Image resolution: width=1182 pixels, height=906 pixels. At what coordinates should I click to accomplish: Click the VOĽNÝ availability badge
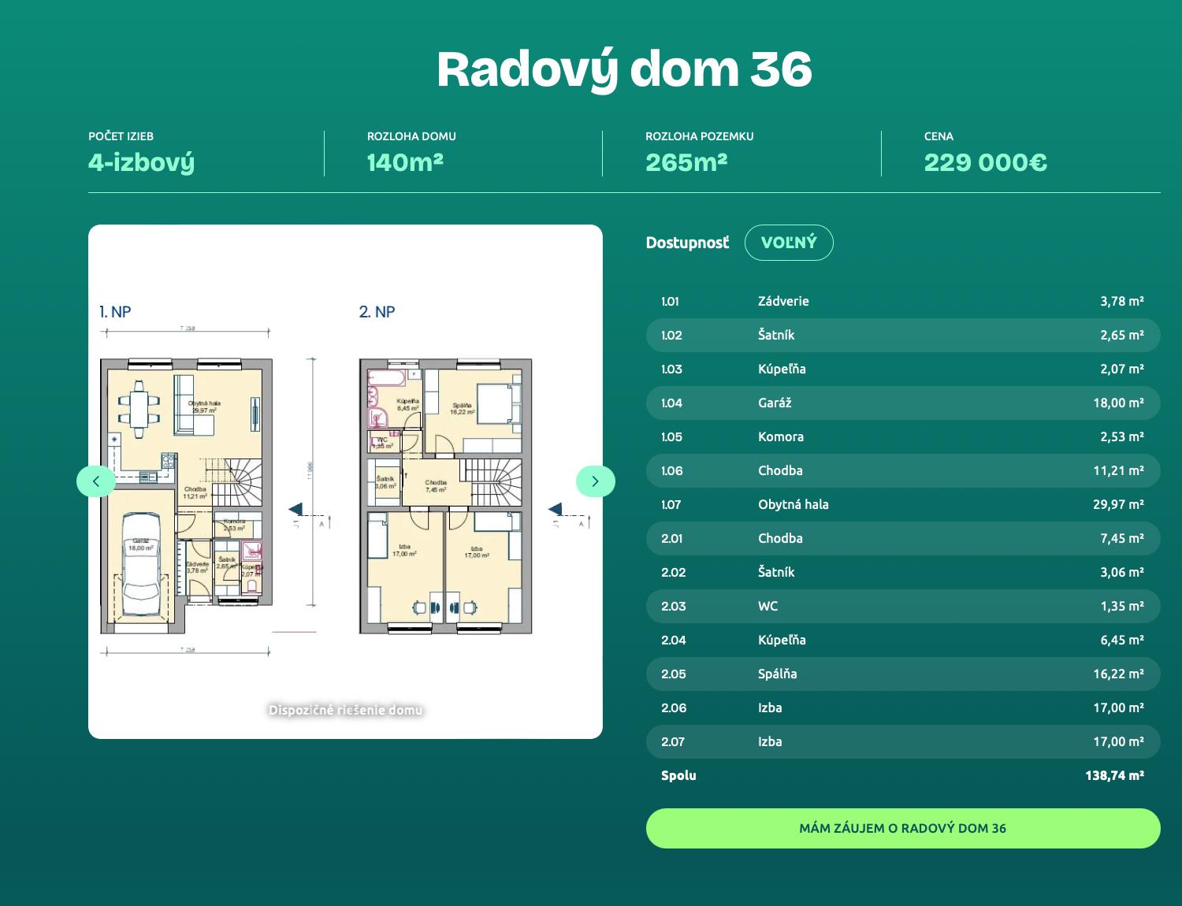(x=789, y=243)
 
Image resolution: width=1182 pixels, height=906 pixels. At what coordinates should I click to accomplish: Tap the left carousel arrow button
(x=96, y=481)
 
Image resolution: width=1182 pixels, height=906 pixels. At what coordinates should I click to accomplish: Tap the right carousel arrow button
(x=595, y=481)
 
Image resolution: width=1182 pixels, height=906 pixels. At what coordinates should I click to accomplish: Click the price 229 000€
(x=985, y=162)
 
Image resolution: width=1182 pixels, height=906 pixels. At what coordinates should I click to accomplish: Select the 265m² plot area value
(x=686, y=162)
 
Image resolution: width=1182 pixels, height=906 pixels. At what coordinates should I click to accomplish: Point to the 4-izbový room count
(x=141, y=162)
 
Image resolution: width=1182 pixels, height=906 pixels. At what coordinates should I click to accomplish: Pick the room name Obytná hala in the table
(x=793, y=504)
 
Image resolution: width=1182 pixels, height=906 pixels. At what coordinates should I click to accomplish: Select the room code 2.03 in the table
(x=673, y=606)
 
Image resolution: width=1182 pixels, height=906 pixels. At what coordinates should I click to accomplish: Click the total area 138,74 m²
(x=1113, y=775)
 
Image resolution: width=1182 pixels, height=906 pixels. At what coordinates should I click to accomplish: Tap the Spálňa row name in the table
(x=777, y=674)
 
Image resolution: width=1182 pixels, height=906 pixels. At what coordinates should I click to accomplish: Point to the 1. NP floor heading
(x=115, y=312)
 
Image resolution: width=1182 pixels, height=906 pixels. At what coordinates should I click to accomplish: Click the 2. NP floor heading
(x=377, y=312)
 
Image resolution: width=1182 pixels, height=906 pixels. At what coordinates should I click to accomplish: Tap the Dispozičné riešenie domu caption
(x=345, y=710)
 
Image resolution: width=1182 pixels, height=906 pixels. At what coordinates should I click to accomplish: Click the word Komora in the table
(x=780, y=436)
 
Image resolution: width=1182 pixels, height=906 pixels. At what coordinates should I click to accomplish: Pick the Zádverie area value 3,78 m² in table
(x=1121, y=301)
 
